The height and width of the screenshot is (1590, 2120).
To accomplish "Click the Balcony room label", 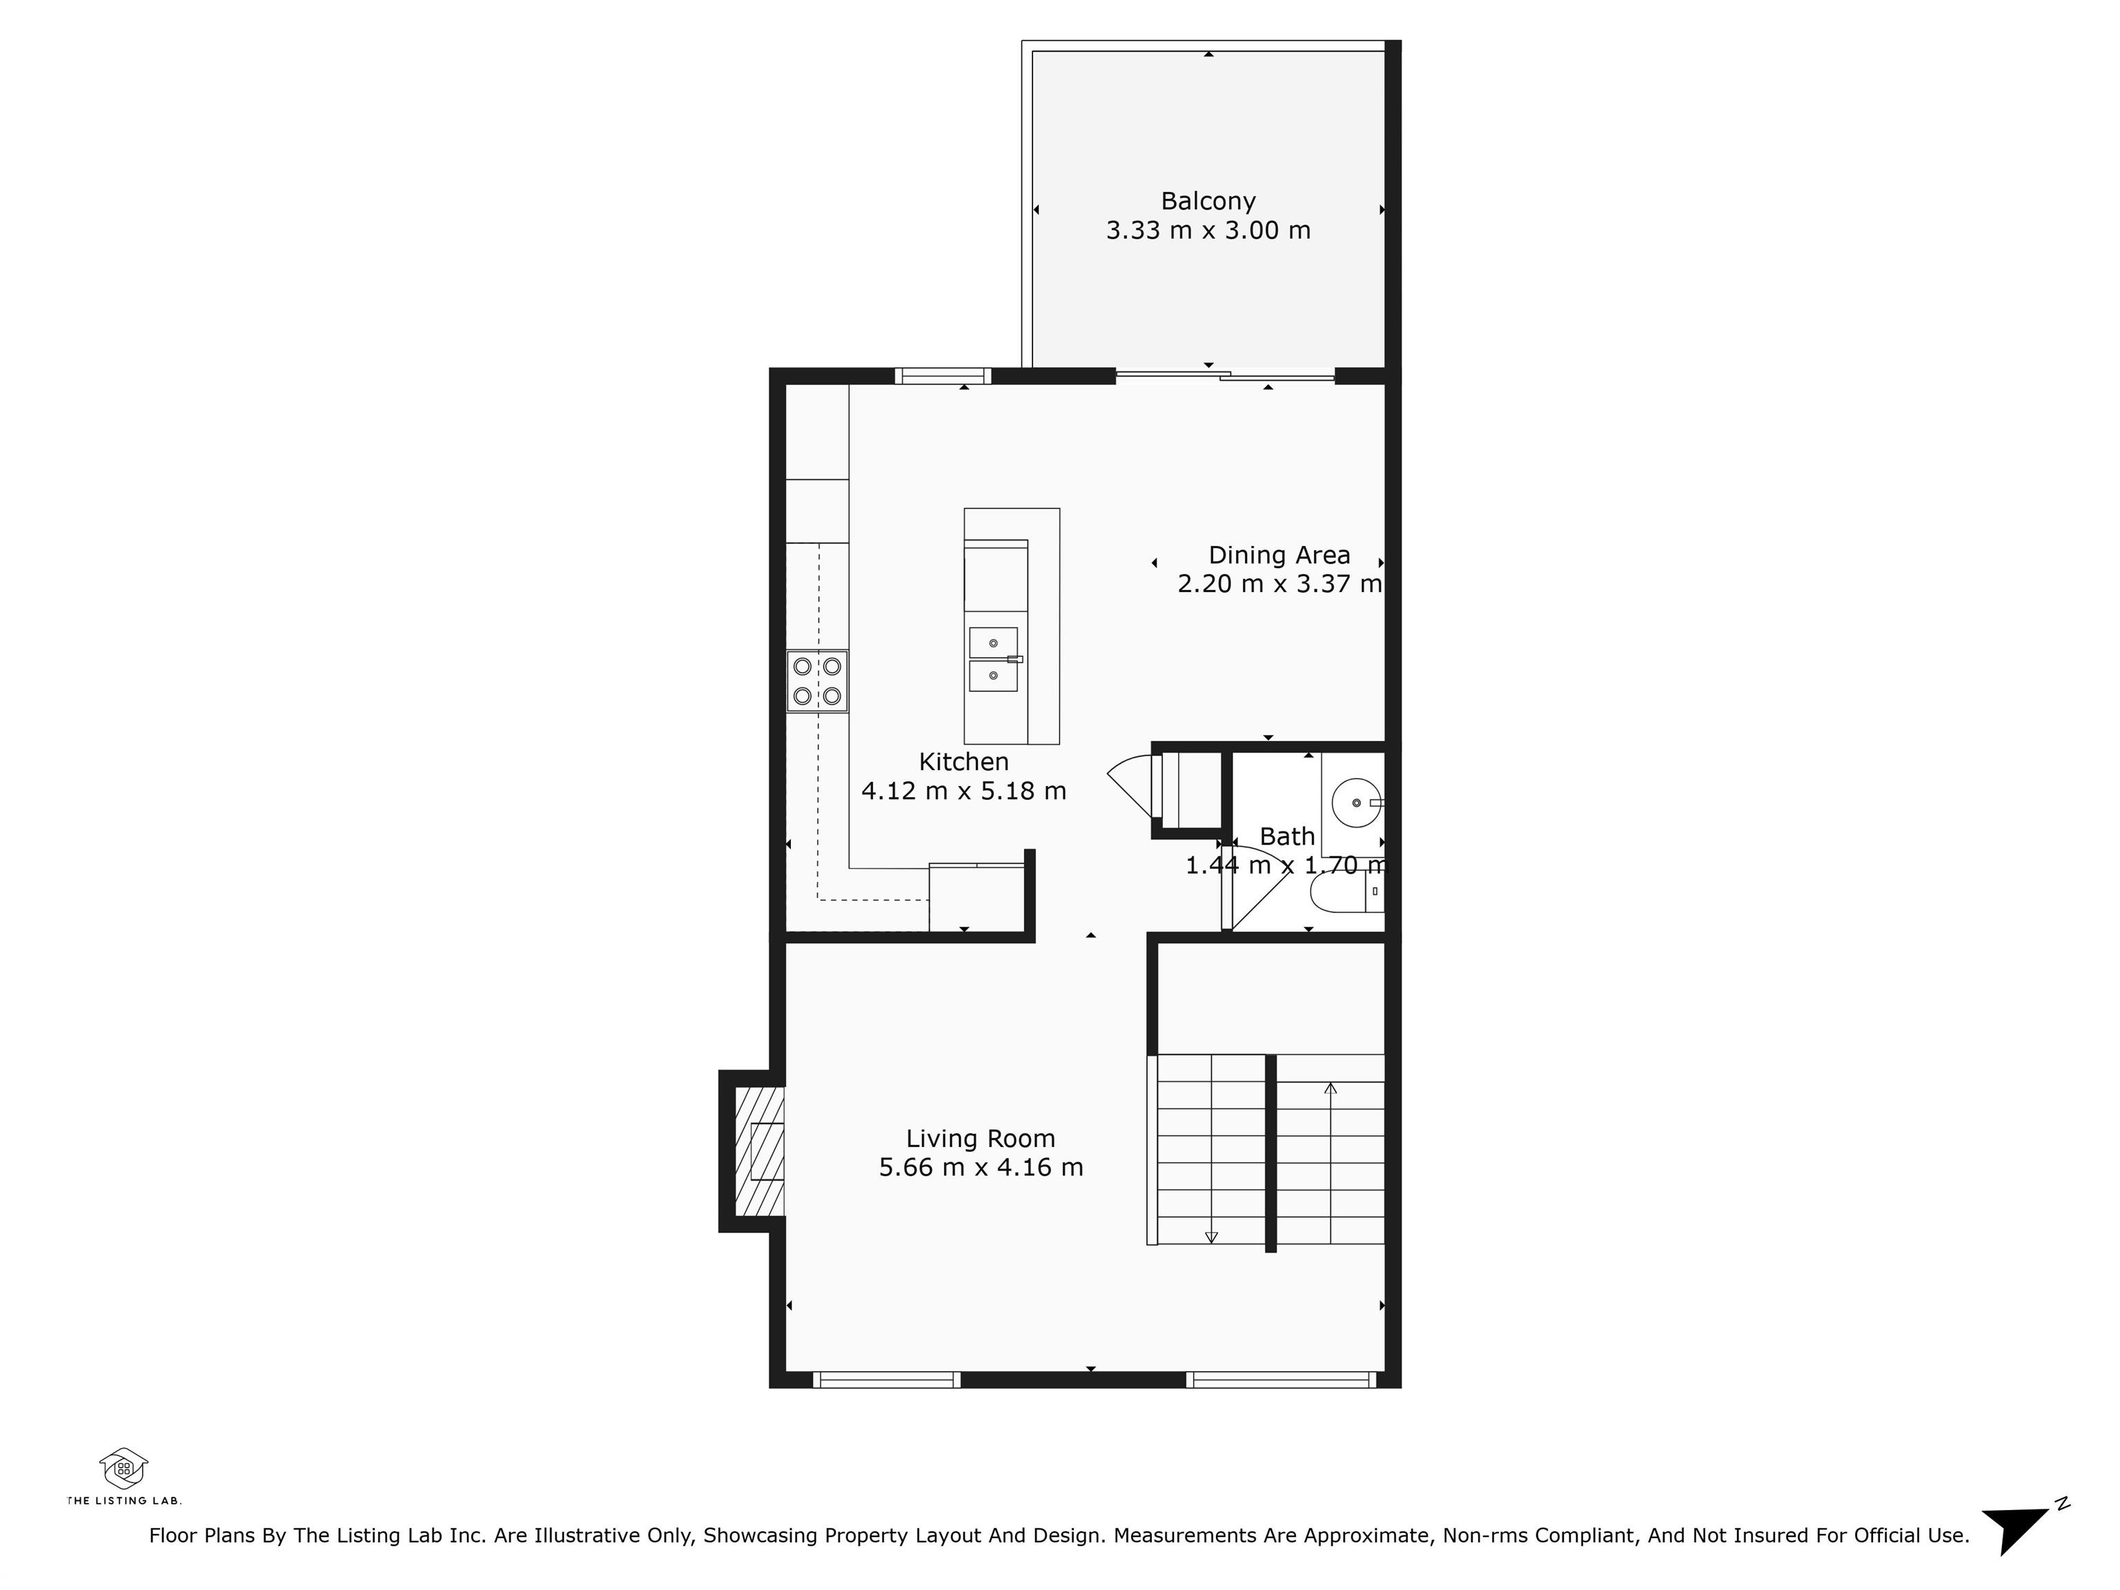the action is pyautogui.click(x=1208, y=202).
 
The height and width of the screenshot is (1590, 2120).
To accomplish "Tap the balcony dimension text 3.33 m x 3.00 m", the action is pyautogui.click(x=1208, y=230).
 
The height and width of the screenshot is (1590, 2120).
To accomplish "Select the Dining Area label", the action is pyautogui.click(x=1279, y=555).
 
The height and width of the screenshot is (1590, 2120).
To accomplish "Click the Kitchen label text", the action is pyautogui.click(x=963, y=762).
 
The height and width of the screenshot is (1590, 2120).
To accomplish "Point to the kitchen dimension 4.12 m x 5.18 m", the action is pyautogui.click(x=963, y=791).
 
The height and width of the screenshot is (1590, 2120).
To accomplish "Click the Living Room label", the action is pyautogui.click(x=981, y=1139).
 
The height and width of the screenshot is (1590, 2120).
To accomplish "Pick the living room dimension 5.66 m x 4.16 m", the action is pyautogui.click(x=981, y=1168).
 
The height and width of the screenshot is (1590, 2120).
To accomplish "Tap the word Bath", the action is pyautogui.click(x=1287, y=836).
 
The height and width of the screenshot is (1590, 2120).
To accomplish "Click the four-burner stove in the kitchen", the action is pyautogui.click(x=818, y=681).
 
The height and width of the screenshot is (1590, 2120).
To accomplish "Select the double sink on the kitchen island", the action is pyautogui.click(x=994, y=659).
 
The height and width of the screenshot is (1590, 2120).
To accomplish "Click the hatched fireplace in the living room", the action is pyautogui.click(x=760, y=1151).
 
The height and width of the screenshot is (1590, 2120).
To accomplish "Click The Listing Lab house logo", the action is pyautogui.click(x=124, y=1467).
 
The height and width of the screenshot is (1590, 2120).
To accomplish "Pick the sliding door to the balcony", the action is pyautogui.click(x=1225, y=375).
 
